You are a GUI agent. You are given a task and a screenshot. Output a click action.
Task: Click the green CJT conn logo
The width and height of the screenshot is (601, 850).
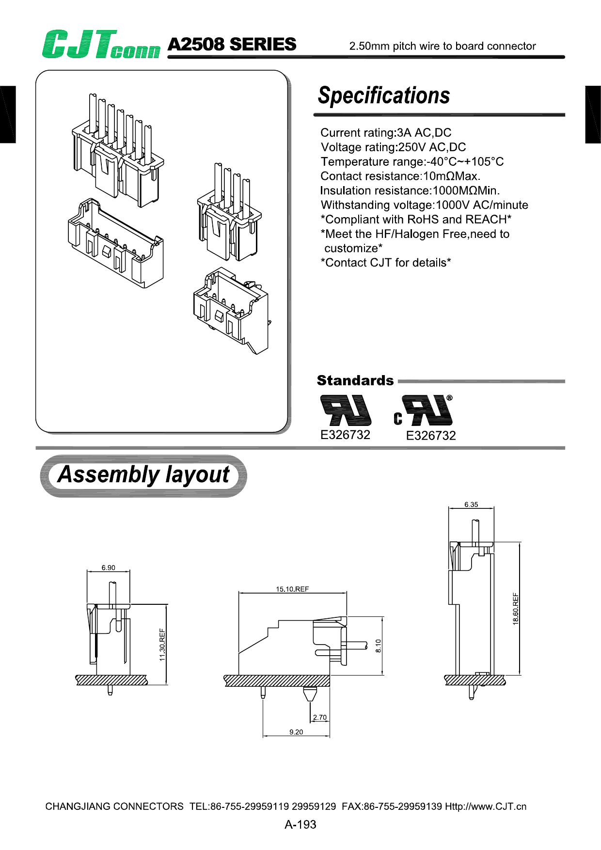point(100,45)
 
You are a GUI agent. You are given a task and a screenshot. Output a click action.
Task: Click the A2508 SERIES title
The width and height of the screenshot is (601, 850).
point(232,45)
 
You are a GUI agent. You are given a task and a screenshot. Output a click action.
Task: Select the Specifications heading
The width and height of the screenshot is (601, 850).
point(384,95)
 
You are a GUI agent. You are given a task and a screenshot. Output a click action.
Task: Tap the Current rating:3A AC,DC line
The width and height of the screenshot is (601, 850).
point(386,133)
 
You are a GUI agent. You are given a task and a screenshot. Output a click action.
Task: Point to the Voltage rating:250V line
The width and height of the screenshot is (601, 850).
point(393,147)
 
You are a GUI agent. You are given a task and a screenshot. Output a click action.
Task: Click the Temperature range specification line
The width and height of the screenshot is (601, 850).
point(412,162)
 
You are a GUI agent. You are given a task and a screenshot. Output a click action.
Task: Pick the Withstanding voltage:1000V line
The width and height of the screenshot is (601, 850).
point(424,205)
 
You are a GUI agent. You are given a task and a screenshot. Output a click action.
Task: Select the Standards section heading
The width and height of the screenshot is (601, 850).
point(355,380)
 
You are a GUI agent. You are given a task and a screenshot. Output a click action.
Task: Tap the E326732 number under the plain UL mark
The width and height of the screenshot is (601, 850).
point(345,435)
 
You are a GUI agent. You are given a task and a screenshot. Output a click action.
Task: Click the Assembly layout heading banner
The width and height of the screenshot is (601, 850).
point(143,475)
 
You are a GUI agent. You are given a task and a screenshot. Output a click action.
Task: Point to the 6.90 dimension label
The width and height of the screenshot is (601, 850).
point(108,567)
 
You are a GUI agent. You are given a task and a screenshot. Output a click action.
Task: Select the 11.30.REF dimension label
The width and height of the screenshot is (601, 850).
point(162,645)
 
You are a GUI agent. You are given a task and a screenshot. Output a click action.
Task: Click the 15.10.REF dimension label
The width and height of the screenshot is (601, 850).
point(292,589)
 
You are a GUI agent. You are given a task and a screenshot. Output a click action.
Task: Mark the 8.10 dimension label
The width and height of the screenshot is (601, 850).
point(379,645)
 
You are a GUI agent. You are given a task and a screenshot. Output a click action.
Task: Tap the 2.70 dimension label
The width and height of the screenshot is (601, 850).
point(320,717)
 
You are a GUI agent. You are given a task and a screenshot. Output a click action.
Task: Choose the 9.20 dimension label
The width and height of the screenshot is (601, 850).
point(296,732)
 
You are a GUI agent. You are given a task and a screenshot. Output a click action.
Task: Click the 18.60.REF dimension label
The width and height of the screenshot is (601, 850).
point(516,609)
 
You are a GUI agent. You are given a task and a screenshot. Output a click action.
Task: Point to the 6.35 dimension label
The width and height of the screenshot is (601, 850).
point(471,504)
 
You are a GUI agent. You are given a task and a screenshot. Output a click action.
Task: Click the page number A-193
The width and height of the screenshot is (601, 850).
point(300,824)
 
